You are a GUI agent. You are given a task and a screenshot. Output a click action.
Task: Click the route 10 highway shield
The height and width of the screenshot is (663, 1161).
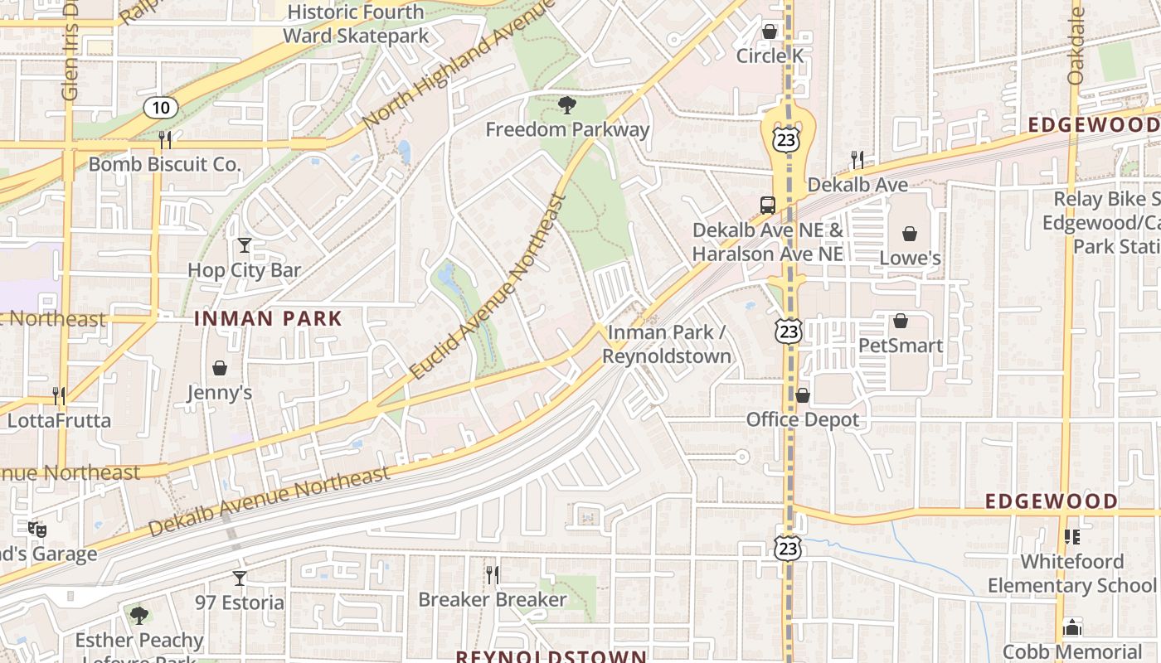tap(160, 107)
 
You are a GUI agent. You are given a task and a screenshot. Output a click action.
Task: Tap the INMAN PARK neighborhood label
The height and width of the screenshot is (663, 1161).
tap(268, 318)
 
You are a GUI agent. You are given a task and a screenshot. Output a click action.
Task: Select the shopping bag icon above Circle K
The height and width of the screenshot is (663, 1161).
tap(770, 31)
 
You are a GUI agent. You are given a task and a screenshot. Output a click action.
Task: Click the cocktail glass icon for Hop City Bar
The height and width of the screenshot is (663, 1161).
tap(244, 245)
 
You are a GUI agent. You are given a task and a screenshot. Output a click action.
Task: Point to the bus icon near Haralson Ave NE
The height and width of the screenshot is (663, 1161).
tap(768, 205)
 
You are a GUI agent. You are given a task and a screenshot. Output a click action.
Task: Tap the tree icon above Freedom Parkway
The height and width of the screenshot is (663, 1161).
tap(567, 105)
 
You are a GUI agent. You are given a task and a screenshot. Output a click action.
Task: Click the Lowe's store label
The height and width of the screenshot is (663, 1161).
tap(910, 258)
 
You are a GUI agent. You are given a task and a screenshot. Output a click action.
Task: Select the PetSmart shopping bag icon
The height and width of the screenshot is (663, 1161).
tap(901, 321)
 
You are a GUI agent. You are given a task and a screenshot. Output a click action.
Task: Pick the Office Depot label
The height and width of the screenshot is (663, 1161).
tap(803, 420)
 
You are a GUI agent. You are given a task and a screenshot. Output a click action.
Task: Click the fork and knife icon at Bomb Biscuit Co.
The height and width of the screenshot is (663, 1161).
tap(165, 139)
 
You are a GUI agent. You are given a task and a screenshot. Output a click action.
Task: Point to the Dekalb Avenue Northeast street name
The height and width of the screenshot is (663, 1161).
tap(270, 501)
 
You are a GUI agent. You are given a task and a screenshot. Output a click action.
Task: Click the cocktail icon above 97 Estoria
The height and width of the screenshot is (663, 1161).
tap(240, 578)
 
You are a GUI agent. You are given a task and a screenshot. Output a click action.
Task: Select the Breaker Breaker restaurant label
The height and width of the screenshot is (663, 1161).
tap(493, 599)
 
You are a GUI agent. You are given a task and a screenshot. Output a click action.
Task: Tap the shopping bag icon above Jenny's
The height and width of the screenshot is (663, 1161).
tap(220, 368)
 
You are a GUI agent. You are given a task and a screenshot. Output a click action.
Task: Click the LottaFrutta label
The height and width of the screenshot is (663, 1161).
tap(59, 420)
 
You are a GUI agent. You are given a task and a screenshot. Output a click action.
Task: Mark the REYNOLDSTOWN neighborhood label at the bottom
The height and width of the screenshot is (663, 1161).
tap(551, 656)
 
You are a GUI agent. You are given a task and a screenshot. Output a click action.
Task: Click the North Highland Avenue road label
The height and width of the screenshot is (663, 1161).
tap(456, 66)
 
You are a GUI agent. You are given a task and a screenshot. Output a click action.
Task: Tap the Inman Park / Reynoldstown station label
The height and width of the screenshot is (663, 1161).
tap(668, 344)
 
